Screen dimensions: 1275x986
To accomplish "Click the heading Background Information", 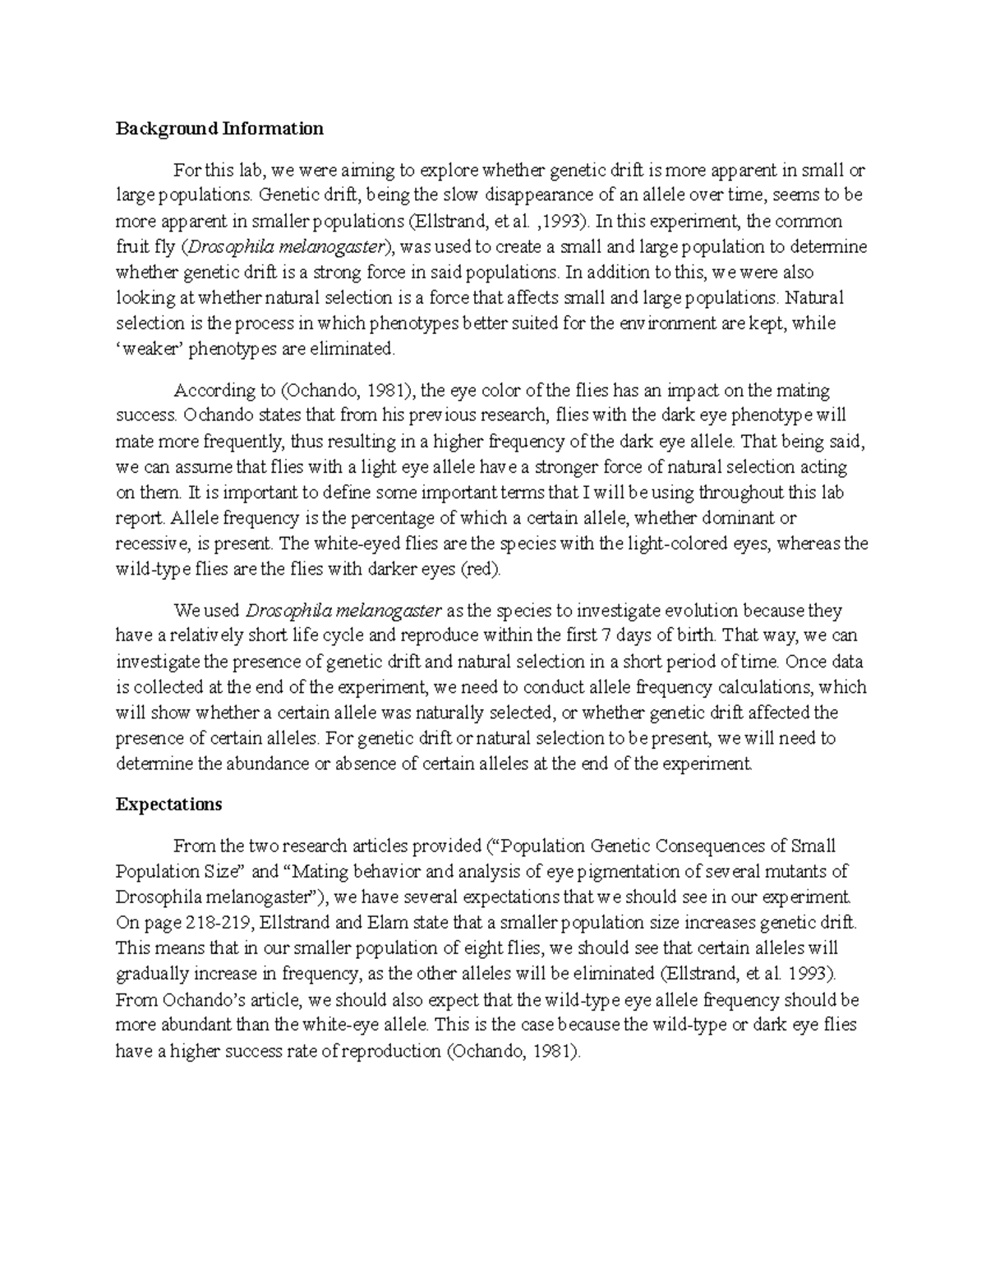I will tap(219, 129).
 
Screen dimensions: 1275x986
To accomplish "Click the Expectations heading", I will tap(168, 805).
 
